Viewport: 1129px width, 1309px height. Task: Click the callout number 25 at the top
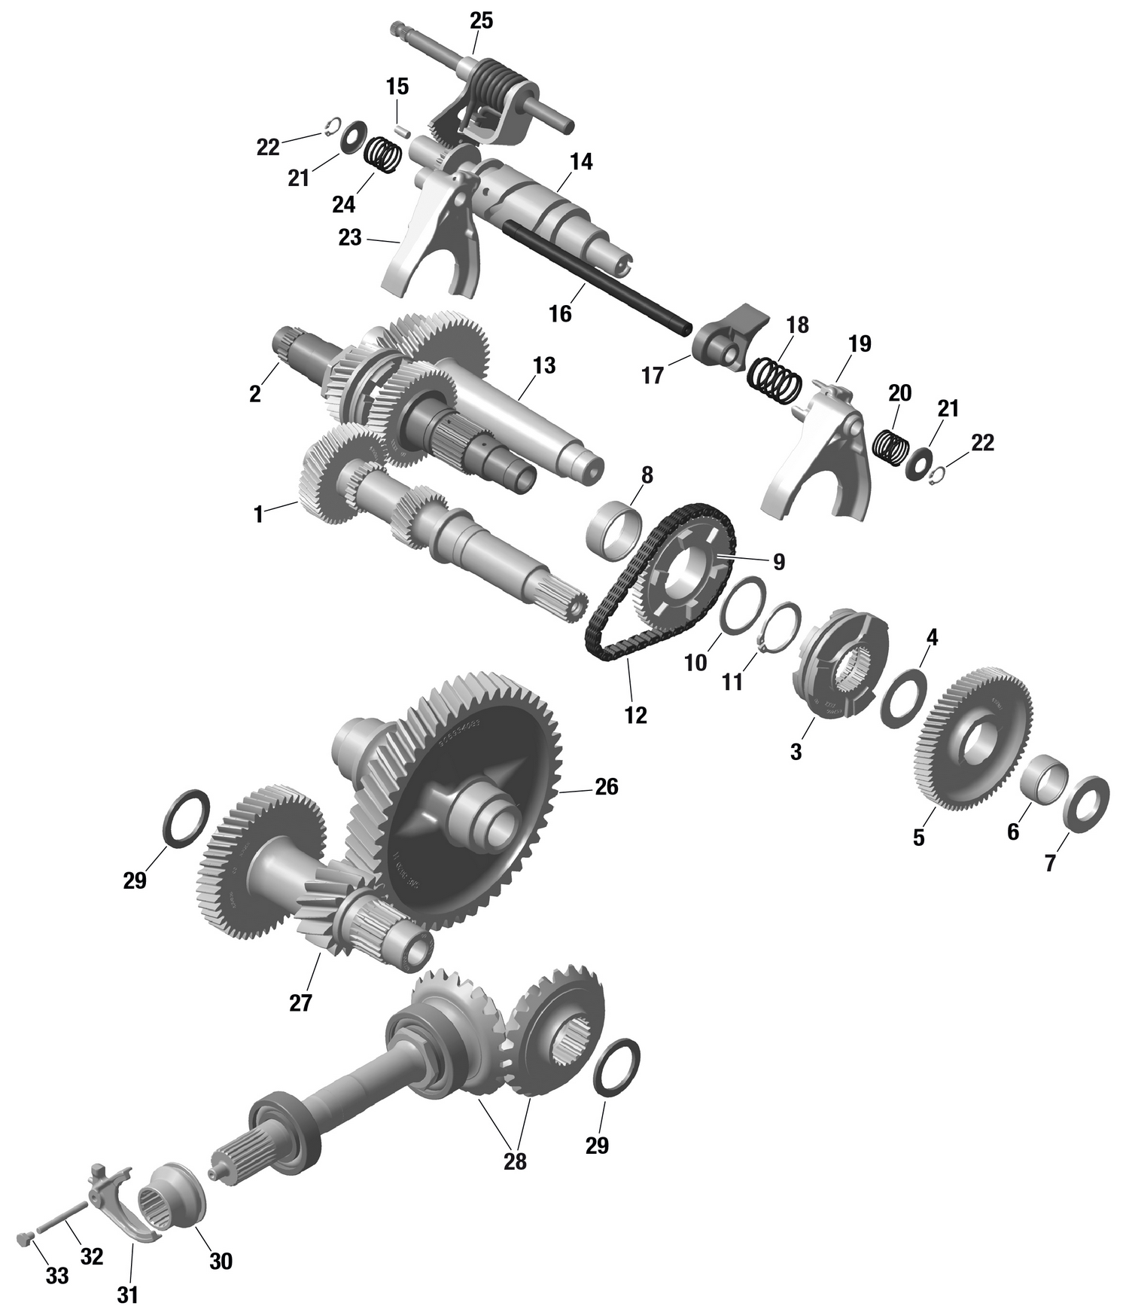point(481,21)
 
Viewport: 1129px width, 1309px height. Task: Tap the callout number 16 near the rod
point(560,313)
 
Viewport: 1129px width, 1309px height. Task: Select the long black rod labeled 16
point(595,274)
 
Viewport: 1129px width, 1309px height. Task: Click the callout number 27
point(300,1003)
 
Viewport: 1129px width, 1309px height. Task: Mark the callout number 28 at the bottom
point(515,1161)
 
